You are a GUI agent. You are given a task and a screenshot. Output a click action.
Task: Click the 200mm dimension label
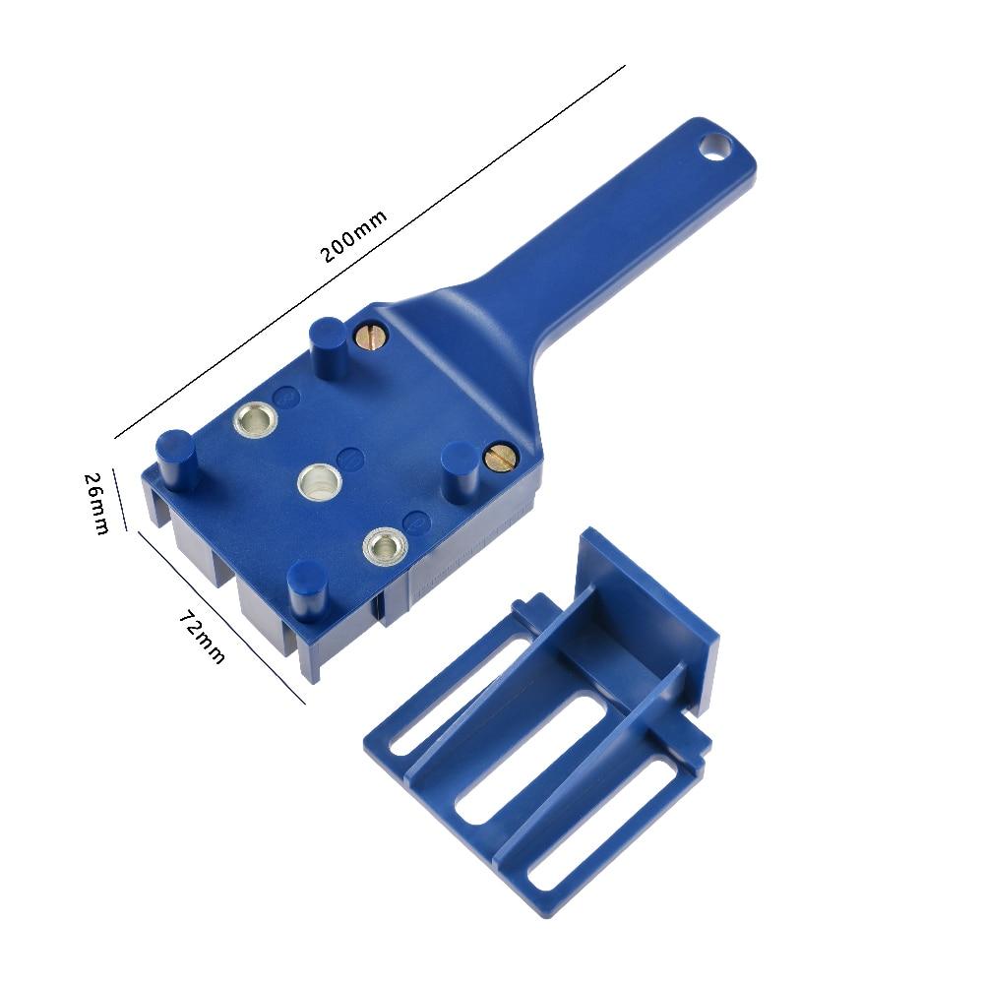(x=354, y=236)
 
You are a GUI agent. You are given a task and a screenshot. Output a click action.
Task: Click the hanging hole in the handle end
(x=714, y=147)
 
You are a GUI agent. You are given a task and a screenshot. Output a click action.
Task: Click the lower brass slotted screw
(x=501, y=455)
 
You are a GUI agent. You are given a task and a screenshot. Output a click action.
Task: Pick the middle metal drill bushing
(x=320, y=483)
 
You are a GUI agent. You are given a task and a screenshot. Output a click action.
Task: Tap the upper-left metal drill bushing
(x=256, y=419)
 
